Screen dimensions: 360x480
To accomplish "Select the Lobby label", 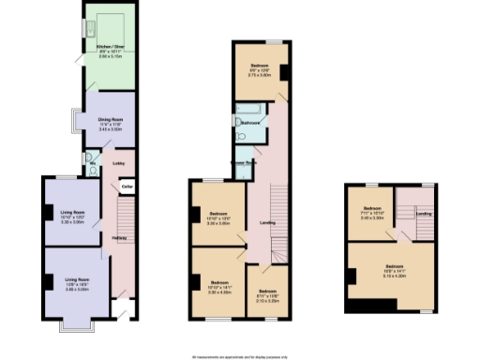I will pos(119,164).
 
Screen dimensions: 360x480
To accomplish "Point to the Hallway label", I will pos(119,238).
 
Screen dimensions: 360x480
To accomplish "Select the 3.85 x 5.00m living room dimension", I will pos(76,290).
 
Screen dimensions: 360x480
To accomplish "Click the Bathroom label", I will pos(250,123).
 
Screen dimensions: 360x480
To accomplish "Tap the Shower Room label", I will pos(245,160).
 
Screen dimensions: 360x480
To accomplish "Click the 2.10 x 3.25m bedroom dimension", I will pos(267,301).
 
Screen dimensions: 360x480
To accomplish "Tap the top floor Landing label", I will pos(423,214).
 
